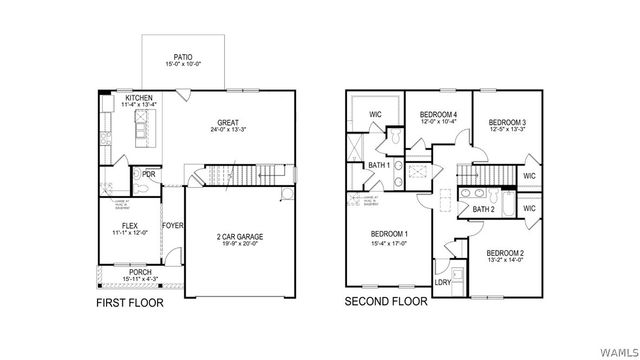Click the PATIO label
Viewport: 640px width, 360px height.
tap(182, 58)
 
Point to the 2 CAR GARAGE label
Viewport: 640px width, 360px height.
tap(239, 237)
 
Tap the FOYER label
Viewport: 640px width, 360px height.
tap(172, 226)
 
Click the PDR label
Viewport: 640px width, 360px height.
tap(149, 173)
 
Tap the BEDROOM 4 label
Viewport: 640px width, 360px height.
tap(438, 114)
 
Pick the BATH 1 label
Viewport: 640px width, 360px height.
tap(378, 165)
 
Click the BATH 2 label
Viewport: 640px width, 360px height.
tap(483, 210)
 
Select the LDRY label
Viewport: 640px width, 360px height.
tap(442, 282)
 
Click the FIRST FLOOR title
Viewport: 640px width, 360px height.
tap(130, 301)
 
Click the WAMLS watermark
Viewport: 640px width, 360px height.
tap(617, 351)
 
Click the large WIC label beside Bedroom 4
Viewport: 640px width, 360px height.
tap(376, 114)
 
